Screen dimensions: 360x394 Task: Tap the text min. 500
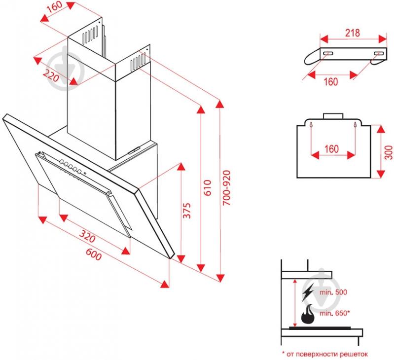click(x=333, y=292)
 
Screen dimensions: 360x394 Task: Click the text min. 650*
click(x=334, y=313)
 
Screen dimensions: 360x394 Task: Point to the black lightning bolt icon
click(x=308, y=292)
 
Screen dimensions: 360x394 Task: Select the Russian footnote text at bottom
click(x=325, y=354)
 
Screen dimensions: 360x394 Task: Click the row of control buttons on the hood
click(x=70, y=167)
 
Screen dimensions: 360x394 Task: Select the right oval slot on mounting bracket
click(x=378, y=53)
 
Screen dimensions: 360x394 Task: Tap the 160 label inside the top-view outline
click(x=332, y=148)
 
